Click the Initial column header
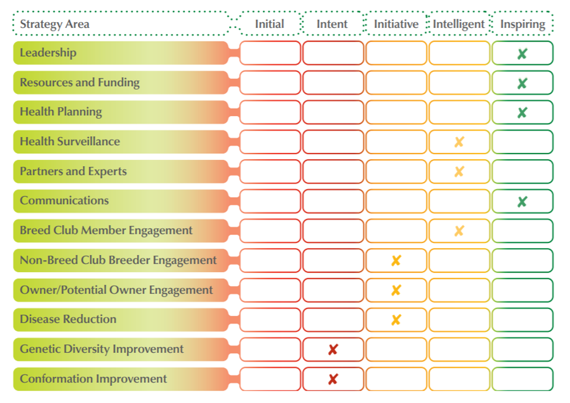click(x=270, y=24)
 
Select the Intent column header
click(x=332, y=24)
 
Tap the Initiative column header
click(x=396, y=24)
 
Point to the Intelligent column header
click(x=459, y=24)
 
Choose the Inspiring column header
click(x=523, y=24)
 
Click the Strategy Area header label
click(x=55, y=24)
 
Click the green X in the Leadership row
click(x=522, y=54)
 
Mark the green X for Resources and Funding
click(x=522, y=84)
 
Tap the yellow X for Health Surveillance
click(x=459, y=142)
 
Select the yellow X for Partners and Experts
click(x=459, y=171)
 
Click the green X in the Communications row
click(x=522, y=201)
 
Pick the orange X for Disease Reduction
click(x=396, y=320)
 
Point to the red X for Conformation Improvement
click(x=333, y=380)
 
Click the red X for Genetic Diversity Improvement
click(x=333, y=349)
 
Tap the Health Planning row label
click(x=61, y=112)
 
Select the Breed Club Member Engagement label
click(x=106, y=231)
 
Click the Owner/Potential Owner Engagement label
click(x=116, y=290)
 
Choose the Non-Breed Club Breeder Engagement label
click(x=118, y=260)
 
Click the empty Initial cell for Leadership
click(x=270, y=53)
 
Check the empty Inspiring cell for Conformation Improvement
click(x=522, y=379)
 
